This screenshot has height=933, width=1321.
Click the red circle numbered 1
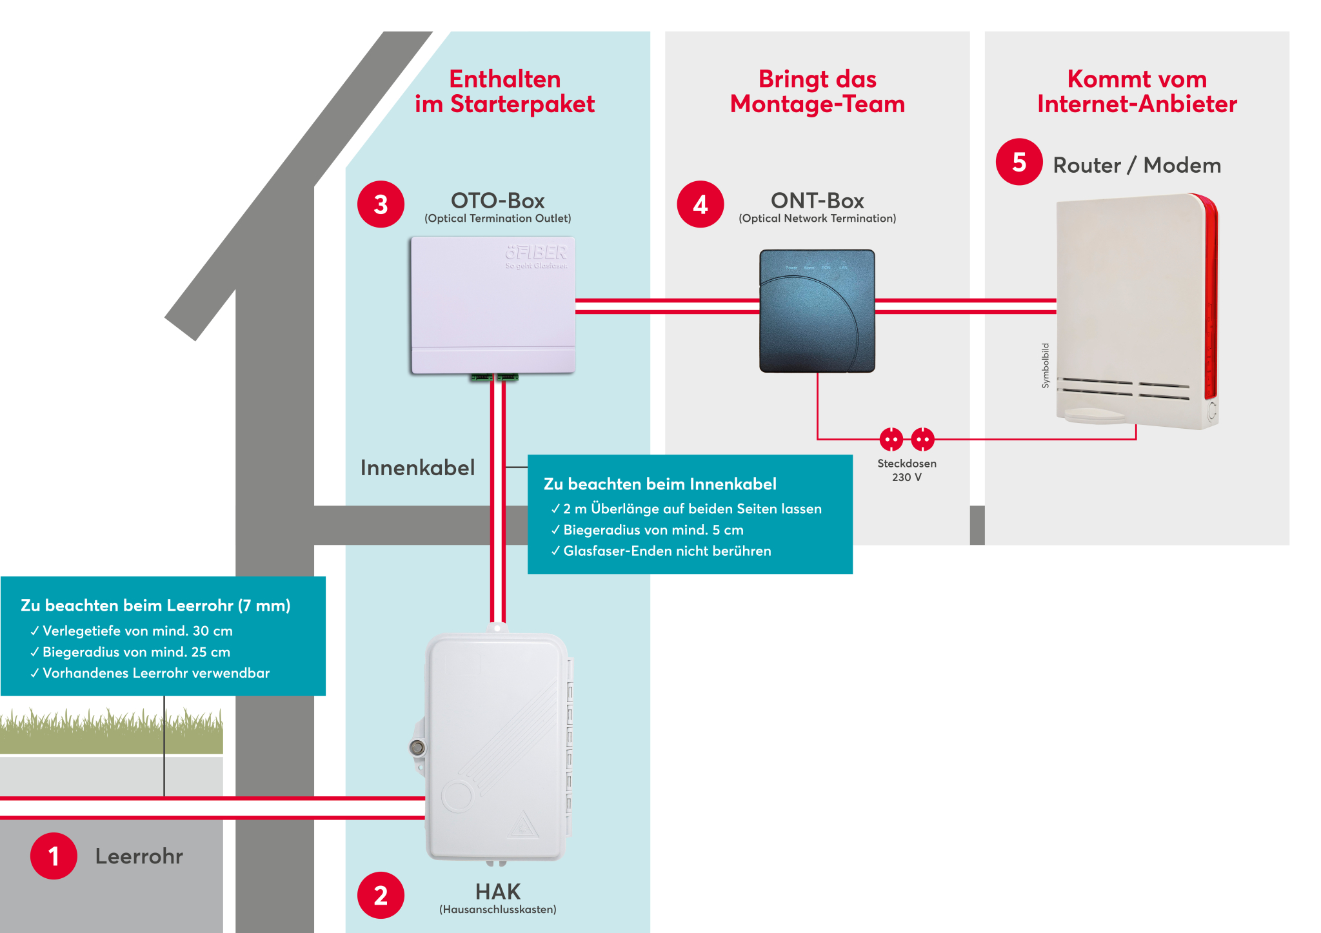54,856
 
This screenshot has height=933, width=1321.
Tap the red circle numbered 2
381,895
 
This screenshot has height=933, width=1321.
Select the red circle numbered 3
381,204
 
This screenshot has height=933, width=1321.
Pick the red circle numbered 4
700,204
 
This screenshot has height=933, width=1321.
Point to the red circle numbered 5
1019,162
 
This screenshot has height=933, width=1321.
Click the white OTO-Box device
493,305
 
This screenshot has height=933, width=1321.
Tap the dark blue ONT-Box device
817,311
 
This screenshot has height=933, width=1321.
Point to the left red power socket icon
891,440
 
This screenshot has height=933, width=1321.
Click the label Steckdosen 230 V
906,470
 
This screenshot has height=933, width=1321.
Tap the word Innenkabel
417,467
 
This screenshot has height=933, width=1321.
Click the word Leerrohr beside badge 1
139,856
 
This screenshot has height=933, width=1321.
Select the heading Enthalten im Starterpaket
504,92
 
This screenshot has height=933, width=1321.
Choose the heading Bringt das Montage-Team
817,92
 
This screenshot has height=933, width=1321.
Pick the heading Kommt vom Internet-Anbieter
1137,92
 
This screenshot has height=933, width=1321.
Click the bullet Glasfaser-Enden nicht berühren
666,551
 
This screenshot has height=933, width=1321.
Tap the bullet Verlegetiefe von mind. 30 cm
137,631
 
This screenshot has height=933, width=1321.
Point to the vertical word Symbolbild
1046,366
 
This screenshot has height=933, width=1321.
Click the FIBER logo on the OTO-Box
536,253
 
